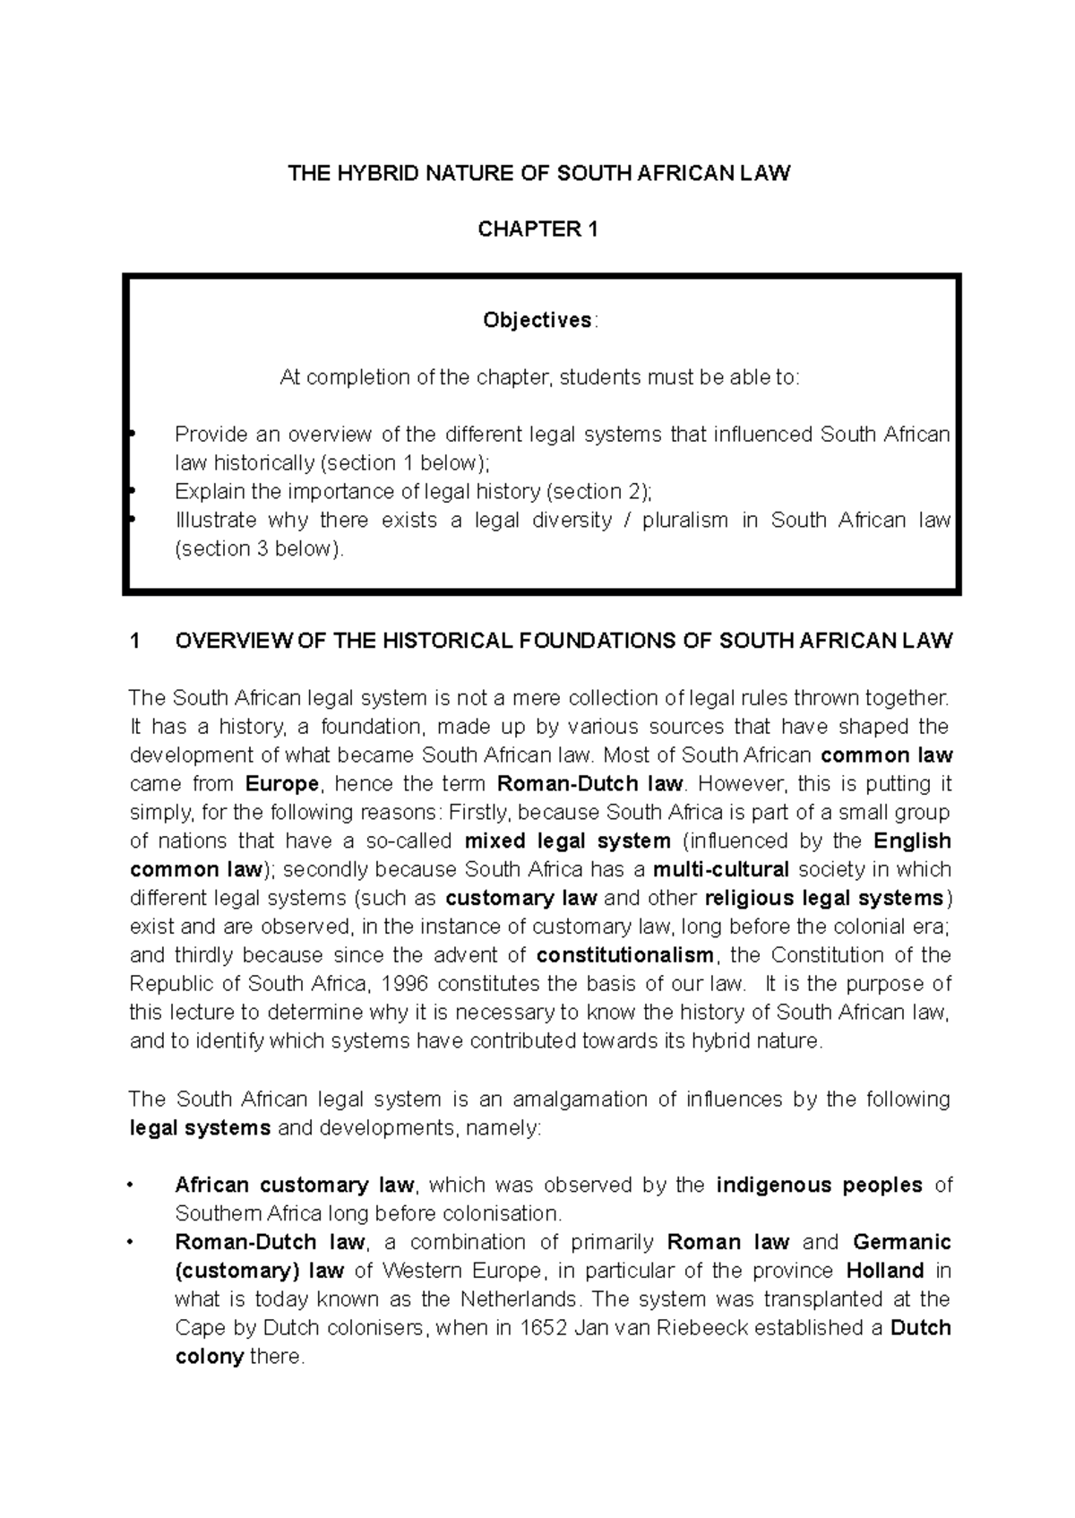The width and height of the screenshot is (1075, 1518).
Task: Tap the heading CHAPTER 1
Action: click(x=537, y=229)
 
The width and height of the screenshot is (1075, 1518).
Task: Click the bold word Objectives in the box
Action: click(x=537, y=320)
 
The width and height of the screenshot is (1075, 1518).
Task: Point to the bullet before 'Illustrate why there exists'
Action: click(x=132, y=521)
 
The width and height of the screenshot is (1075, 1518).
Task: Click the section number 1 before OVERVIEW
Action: click(x=134, y=641)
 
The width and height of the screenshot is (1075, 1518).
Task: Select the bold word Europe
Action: click(x=281, y=783)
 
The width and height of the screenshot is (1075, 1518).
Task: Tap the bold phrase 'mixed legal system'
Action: click(x=568, y=841)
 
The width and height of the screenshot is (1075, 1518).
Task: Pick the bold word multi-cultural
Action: click(x=721, y=869)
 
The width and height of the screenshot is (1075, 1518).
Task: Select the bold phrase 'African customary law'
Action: click(x=295, y=1185)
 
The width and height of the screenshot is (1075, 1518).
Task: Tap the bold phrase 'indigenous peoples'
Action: click(x=819, y=1185)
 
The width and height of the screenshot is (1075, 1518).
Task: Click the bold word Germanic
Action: click(x=901, y=1242)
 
